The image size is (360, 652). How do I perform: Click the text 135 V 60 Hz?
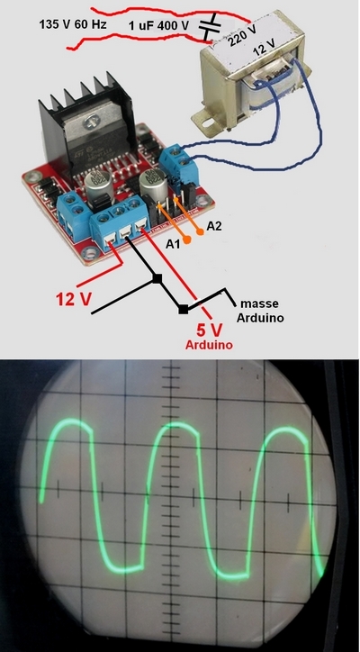point(73,24)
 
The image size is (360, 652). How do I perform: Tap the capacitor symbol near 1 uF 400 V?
point(209,26)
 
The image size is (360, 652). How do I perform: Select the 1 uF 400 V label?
point(158,26)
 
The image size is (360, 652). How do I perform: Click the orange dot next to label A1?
point(187,240)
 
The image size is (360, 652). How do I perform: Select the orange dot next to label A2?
point(201,232)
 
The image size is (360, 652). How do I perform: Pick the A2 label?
point(214,226)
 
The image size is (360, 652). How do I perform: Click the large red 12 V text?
point(74,299)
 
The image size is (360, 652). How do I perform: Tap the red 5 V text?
point(210,331)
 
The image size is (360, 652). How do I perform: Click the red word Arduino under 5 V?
point(209,345)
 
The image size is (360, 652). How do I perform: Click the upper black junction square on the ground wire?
point(157,278)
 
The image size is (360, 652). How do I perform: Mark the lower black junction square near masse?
point(183,309)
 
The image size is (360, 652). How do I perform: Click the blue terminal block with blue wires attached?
point(180,163)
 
